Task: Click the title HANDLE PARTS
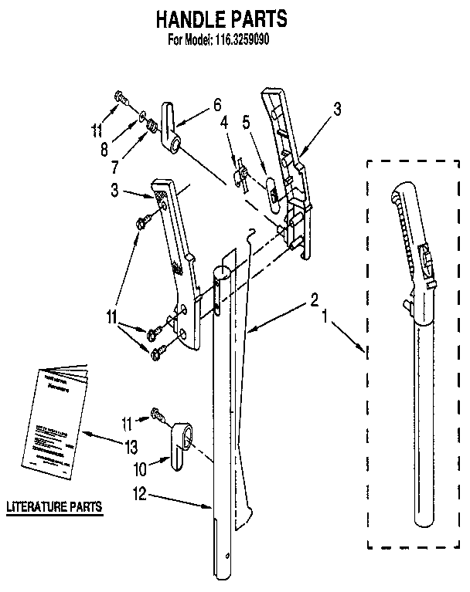coord(220,19)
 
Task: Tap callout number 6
coord(217,103)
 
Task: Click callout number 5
coord(247,121)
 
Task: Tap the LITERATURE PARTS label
coord(54,507)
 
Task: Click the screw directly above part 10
coord(158,414)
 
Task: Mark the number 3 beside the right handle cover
coord(336,110)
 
